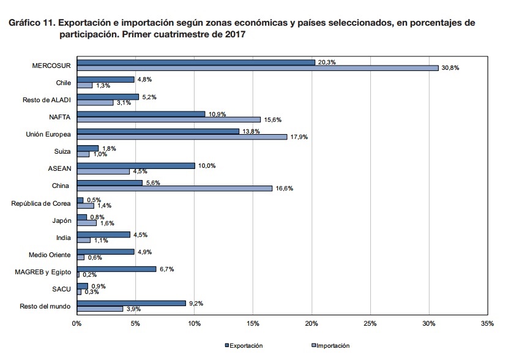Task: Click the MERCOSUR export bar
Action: (196, 62)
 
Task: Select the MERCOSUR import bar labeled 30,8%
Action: (258, 68)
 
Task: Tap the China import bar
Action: (174, 189)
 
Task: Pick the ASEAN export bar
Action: (136, 165)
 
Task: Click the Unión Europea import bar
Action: (182, 137)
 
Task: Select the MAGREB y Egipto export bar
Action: (116, 268)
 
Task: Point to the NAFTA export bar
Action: (141, 114)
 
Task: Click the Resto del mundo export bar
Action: (131, 302)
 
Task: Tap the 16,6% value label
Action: (285, 189)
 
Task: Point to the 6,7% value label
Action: (168, 268)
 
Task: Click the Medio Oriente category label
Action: (50, 254)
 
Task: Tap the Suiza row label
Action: (62, 151)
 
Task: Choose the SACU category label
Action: (63, 288)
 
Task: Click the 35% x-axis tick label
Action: (488, 323)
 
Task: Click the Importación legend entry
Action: (330, 346)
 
